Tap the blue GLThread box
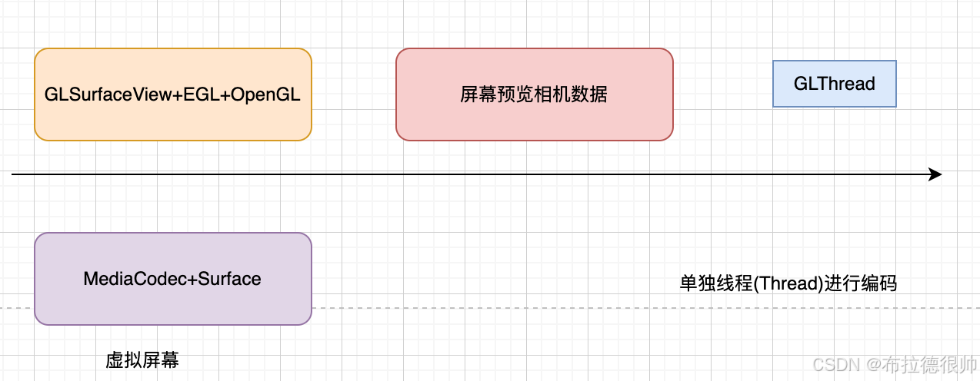click(x=835, y=84)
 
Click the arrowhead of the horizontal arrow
click(x=936, y=174)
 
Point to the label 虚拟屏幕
click(x=142, y=360)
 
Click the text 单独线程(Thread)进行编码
click(x=788, y=283)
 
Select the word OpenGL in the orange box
click(x=266, y=94)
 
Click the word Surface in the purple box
click(x=230, y=279)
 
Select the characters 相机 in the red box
click(x=552, y=94)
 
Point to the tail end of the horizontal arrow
click(x=13, y=174)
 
